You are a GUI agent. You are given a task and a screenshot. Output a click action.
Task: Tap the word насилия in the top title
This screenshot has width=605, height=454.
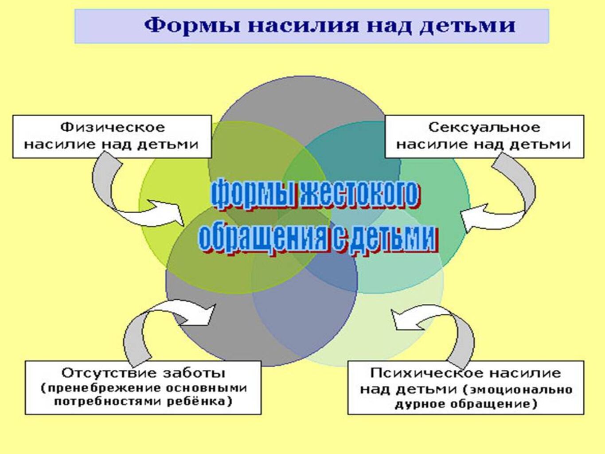303,26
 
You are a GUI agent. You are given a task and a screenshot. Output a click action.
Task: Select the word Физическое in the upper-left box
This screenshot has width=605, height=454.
113,128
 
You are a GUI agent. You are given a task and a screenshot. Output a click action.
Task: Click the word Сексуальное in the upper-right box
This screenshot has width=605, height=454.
484,128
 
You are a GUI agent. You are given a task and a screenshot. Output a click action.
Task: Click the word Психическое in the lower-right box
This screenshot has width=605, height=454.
426,373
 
